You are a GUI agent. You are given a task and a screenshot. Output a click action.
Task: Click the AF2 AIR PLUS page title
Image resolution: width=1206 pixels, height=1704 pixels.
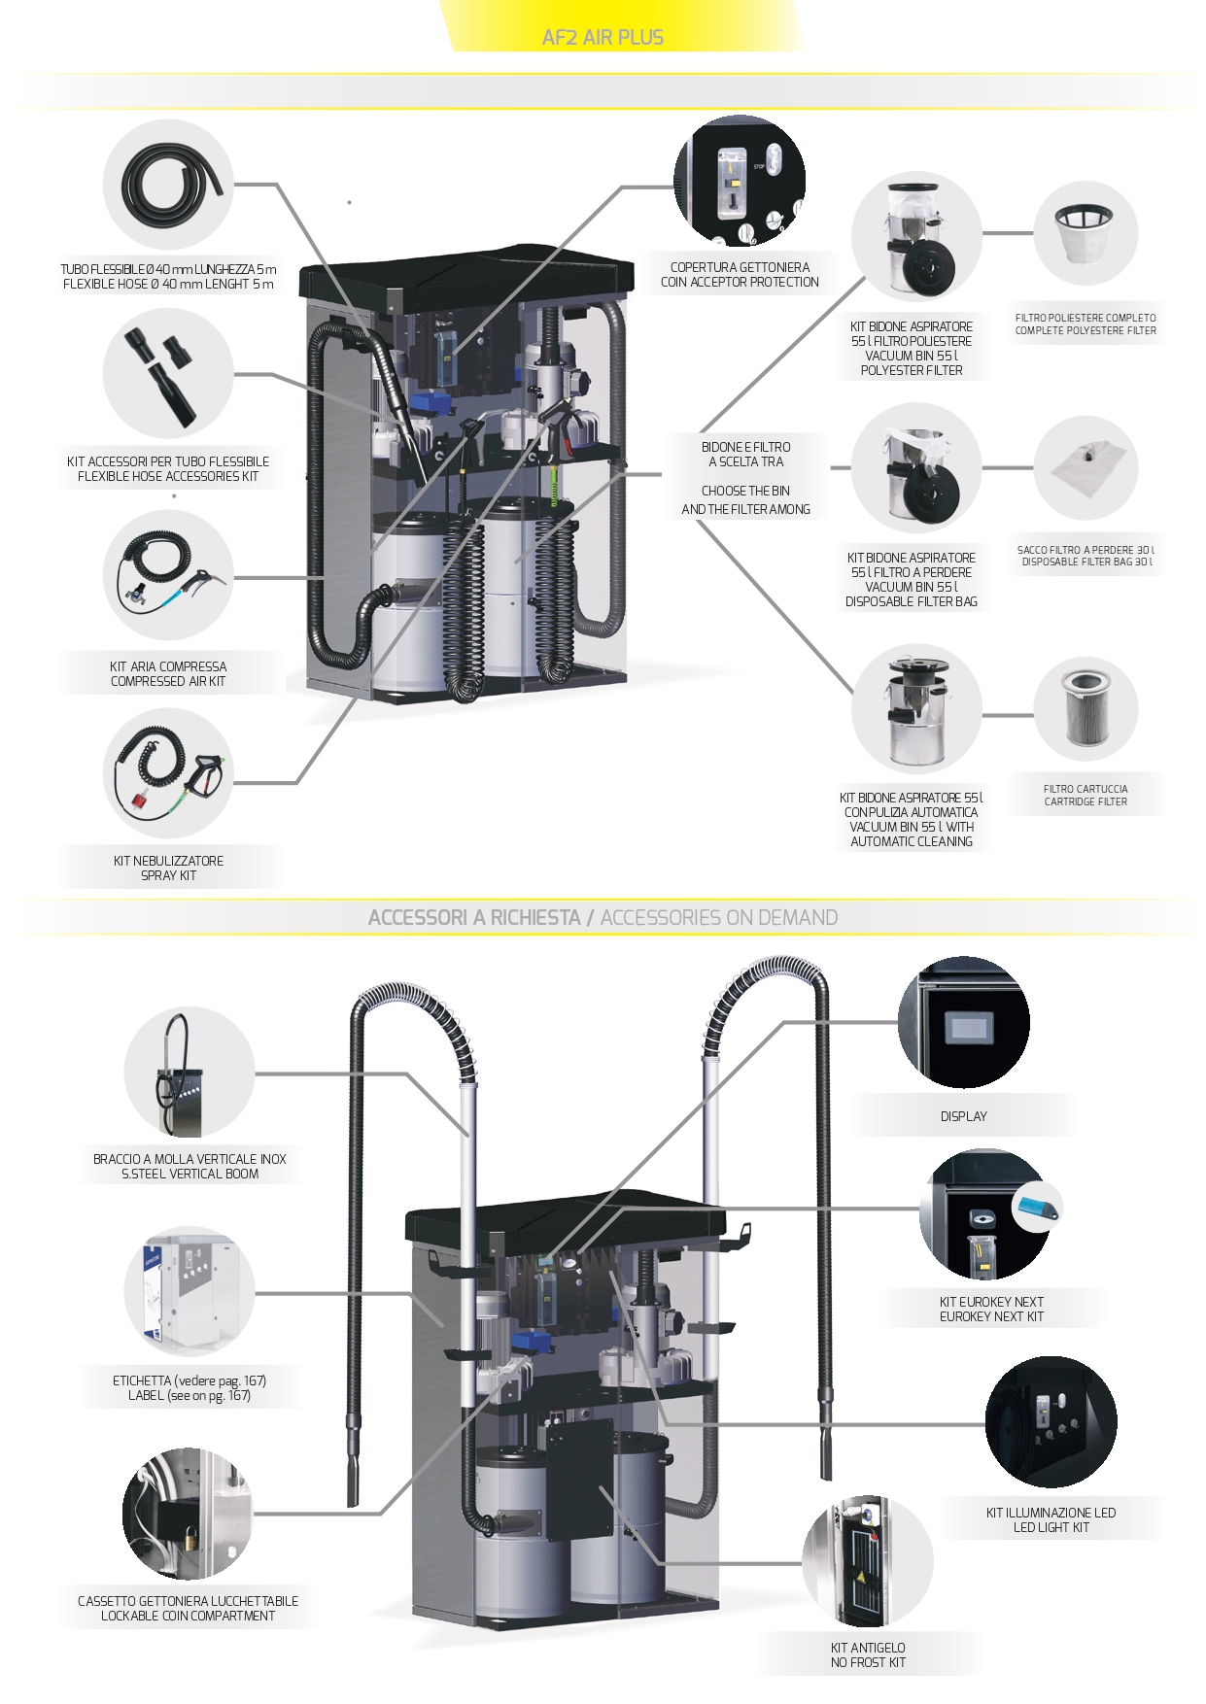click(603, 38)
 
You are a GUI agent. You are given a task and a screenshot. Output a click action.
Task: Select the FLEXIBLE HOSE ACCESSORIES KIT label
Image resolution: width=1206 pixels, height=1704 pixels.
click(168, 477)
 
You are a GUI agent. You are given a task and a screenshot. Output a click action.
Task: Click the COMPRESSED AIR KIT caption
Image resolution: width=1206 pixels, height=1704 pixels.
click(168, 682)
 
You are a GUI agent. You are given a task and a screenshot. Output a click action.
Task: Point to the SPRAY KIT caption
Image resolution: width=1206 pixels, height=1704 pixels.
click(168, 876)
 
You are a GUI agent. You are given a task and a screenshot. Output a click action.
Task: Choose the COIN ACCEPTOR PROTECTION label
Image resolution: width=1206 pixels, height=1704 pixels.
click(740, 283)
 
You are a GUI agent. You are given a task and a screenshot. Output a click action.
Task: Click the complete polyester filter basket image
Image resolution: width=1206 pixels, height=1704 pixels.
click(1085, 234)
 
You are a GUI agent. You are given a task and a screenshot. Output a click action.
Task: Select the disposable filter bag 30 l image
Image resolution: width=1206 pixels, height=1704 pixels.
click(1085, 469)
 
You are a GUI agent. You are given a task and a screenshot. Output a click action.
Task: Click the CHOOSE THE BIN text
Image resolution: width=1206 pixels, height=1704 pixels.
click(745, 492)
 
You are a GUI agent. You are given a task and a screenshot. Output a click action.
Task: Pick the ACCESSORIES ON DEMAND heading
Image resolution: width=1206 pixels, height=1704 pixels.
click(718, 918)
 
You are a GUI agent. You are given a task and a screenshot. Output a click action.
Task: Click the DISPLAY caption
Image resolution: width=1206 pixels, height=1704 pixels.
click(963, 1117)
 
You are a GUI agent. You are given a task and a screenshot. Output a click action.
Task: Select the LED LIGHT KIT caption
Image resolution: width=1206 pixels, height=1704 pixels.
click(1051, 1528)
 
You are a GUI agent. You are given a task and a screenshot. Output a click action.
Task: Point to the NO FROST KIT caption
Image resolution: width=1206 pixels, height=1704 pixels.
click(868, 1662)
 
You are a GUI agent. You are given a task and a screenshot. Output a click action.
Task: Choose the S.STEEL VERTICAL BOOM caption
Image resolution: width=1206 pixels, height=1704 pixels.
click(190, 1175)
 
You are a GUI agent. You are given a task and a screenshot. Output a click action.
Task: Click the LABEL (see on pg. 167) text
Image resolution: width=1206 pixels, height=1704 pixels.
click(190, 1396)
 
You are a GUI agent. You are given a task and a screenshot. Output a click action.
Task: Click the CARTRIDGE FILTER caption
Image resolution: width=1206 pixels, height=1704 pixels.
click(1085, 802)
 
